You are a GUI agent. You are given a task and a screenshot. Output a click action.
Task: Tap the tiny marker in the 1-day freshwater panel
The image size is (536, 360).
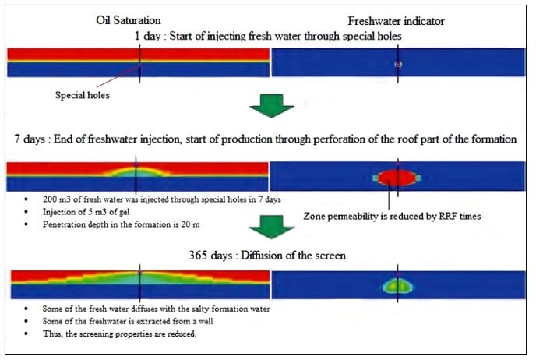point(397,63)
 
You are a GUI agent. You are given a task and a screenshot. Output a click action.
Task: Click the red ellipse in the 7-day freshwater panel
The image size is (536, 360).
point(397,177)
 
